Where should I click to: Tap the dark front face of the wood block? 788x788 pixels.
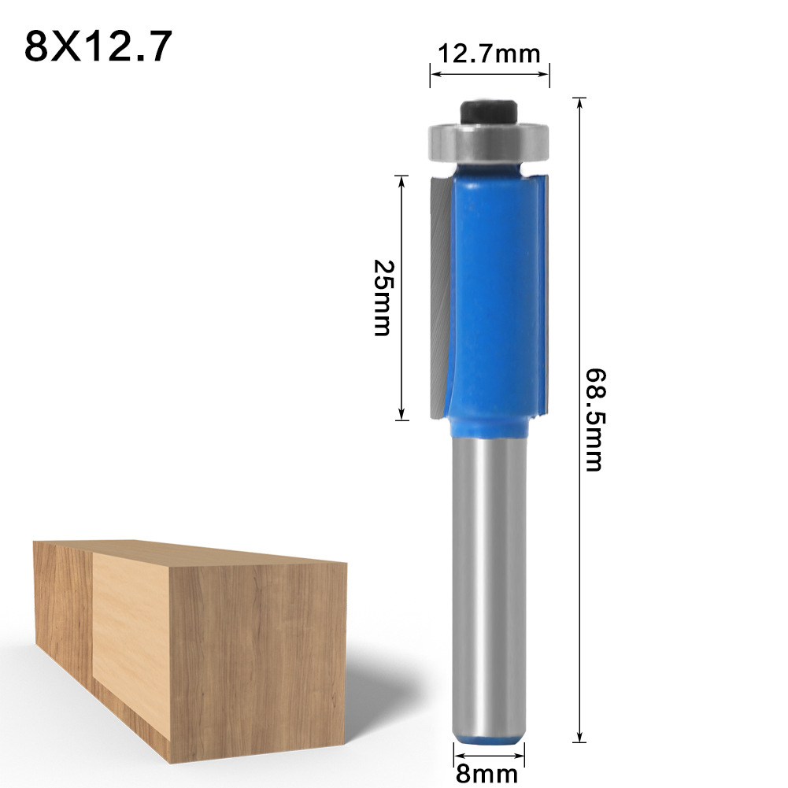(260, 661)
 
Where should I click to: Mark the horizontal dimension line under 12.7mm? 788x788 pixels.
(489, 75)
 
